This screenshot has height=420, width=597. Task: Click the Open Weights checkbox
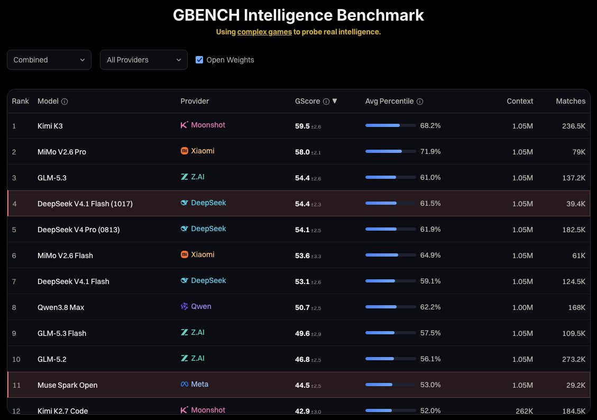199,60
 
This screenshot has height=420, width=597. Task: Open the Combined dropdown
49,60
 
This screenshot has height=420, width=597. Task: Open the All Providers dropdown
143,60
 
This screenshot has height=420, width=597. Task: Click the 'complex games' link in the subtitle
264,32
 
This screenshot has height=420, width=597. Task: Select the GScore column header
307,101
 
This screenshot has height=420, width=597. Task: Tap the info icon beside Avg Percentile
420,102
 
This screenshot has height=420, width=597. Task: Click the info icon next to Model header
65,102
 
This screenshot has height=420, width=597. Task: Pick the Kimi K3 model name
50,126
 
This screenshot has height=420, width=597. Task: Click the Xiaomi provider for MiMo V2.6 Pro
203,151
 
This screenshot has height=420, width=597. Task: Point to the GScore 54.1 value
302,230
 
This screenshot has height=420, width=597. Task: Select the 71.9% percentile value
430,152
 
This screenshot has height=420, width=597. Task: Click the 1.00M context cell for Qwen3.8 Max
522,307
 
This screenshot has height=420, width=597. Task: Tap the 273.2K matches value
574,359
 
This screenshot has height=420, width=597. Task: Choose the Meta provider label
199,384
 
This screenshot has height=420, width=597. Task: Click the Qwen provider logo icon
184,306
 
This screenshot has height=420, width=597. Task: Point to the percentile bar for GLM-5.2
390,359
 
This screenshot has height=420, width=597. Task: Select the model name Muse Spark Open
67,385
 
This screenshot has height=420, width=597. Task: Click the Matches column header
571,101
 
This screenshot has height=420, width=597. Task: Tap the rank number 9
14,334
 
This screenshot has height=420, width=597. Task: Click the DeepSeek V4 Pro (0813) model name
78,230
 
